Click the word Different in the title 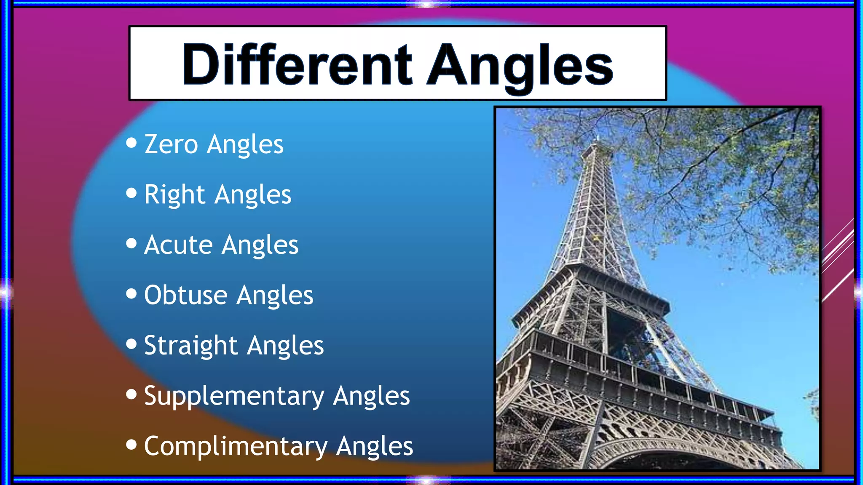coord(297,64)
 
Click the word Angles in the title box coord(520,67)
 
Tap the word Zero coord(171,144)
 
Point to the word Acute coord(178,245)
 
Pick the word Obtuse coord(185,295)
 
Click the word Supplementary coord(234,396)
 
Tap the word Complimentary coord(236,446)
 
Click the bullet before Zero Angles coord(131,143)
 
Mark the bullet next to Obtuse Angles coord(131,293)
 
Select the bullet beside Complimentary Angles coord(131,444)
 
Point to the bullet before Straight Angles coord(131,344)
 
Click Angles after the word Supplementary coord(371,396)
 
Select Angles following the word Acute coord(260,245)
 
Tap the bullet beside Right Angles coord(131,193)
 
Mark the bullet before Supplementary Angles coord(131,394)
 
